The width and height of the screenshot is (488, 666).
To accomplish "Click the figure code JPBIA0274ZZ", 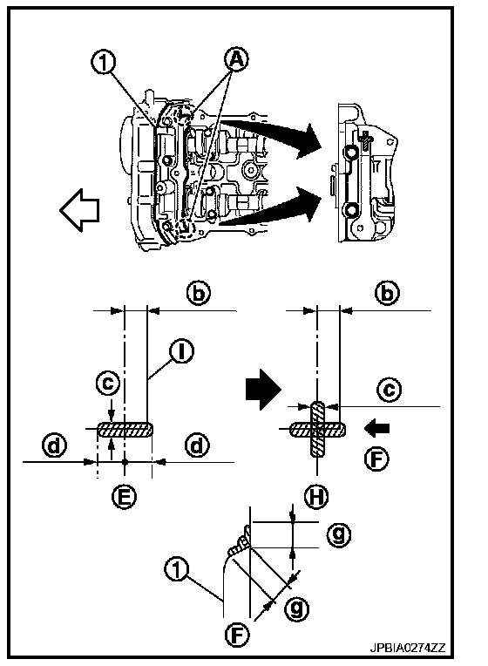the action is pyautogui.click(x=407, y=648).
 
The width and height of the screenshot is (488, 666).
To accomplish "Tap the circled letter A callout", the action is pyautogui.click(x=236, y=59).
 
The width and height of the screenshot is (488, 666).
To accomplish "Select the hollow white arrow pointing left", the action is pyautogui.click(x=79, y=210).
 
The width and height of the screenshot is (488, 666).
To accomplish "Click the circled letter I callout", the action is pyautogui.click(x=181, y=352).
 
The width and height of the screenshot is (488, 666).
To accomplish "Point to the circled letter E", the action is pyautogui.click(x=125, y=497).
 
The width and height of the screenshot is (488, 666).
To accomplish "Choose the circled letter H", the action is pyautogui.click(x=316, y=497).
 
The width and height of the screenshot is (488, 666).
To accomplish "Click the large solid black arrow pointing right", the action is pyautogui.click(x=263, y=389).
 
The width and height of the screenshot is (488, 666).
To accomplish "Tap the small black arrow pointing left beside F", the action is pyautogui.click(x=376, y=428).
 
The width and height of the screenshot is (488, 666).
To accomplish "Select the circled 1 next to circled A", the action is pyautogui.click(x=103, y=63).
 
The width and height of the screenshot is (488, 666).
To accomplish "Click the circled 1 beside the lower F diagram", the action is pyautogui.click(x=176, y=569).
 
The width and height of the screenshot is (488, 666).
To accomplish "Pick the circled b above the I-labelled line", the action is pyautogui.click(x=199, y=293).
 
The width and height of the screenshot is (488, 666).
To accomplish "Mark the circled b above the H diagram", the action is pyautogui.click(x=387, y=293).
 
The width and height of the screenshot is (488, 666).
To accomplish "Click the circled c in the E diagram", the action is pyautogui.click(x=107, y=383).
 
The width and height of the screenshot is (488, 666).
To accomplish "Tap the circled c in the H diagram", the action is pyautogui.click(x=389, y=390).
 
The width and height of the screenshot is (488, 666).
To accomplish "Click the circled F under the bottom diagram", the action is pyautogui.click(x=237, y=635).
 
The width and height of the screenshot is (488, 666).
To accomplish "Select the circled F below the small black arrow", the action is pyautogui.click(x=376, y=459).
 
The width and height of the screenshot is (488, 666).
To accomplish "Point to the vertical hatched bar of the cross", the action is pyautogui.click(x=317, y=429).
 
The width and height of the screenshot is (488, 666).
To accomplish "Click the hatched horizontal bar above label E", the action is pyautogui.click(x=125, y=430).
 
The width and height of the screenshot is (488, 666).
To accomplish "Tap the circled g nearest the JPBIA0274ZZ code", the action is pyautogui.click(x=296, y=608).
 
